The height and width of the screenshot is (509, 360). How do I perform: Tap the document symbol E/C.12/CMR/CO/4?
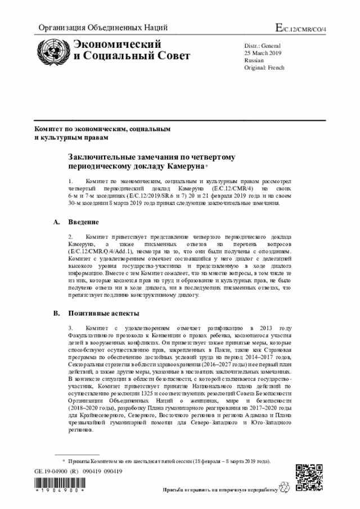(301, 28)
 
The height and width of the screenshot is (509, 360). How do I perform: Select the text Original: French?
(264, 67)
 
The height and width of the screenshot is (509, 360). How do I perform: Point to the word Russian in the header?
(254, 60)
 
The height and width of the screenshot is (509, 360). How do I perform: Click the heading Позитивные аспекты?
(104, 313)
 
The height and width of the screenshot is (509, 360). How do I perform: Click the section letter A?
(56, 222)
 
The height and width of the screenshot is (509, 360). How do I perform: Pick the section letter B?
(56, 313)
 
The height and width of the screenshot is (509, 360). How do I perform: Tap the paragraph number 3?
(71, 328)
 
